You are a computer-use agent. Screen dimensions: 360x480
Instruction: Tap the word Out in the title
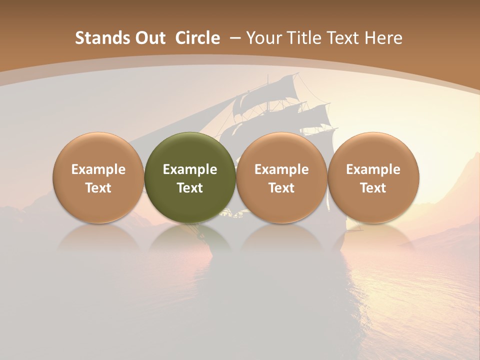tap(149, 38)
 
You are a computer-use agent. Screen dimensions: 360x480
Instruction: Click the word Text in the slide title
tap(344, 38)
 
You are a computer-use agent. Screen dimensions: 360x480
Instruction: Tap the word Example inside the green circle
tap(190, 169)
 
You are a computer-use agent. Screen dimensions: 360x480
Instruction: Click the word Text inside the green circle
tap(190, 188)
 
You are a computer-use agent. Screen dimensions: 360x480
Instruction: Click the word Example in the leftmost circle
tap(98, 169)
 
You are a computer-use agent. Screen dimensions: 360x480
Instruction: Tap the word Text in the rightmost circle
tap(373, 188)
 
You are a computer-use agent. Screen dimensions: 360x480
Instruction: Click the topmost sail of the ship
tap(287, 85)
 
